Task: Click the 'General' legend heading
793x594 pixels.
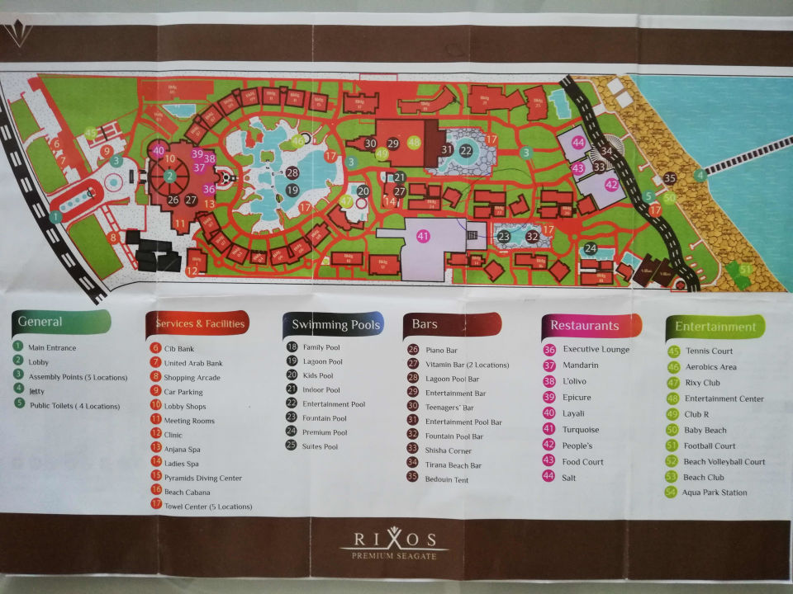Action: pos(40,321)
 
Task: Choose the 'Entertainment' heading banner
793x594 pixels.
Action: pos(715,327)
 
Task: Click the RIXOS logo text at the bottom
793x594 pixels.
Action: pos(395,540)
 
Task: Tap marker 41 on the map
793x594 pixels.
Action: pos(423,236)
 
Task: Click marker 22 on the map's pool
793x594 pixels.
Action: pos(466,150)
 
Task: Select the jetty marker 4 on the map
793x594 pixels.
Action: pos(700,174)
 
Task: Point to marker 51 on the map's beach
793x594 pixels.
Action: pos(746,269)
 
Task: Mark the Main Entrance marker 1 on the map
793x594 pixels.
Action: pos(55,217)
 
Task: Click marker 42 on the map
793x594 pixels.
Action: pos(611,185)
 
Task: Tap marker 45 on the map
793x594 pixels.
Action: pos(92,133)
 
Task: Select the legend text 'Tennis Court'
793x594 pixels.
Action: pos(709,351)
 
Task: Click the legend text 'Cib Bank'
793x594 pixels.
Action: pos(179,348)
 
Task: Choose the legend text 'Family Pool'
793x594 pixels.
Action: pos(321,347)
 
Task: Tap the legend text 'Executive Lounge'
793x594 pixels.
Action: pos(596,350)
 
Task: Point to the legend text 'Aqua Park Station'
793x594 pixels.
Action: pos(715,493)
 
